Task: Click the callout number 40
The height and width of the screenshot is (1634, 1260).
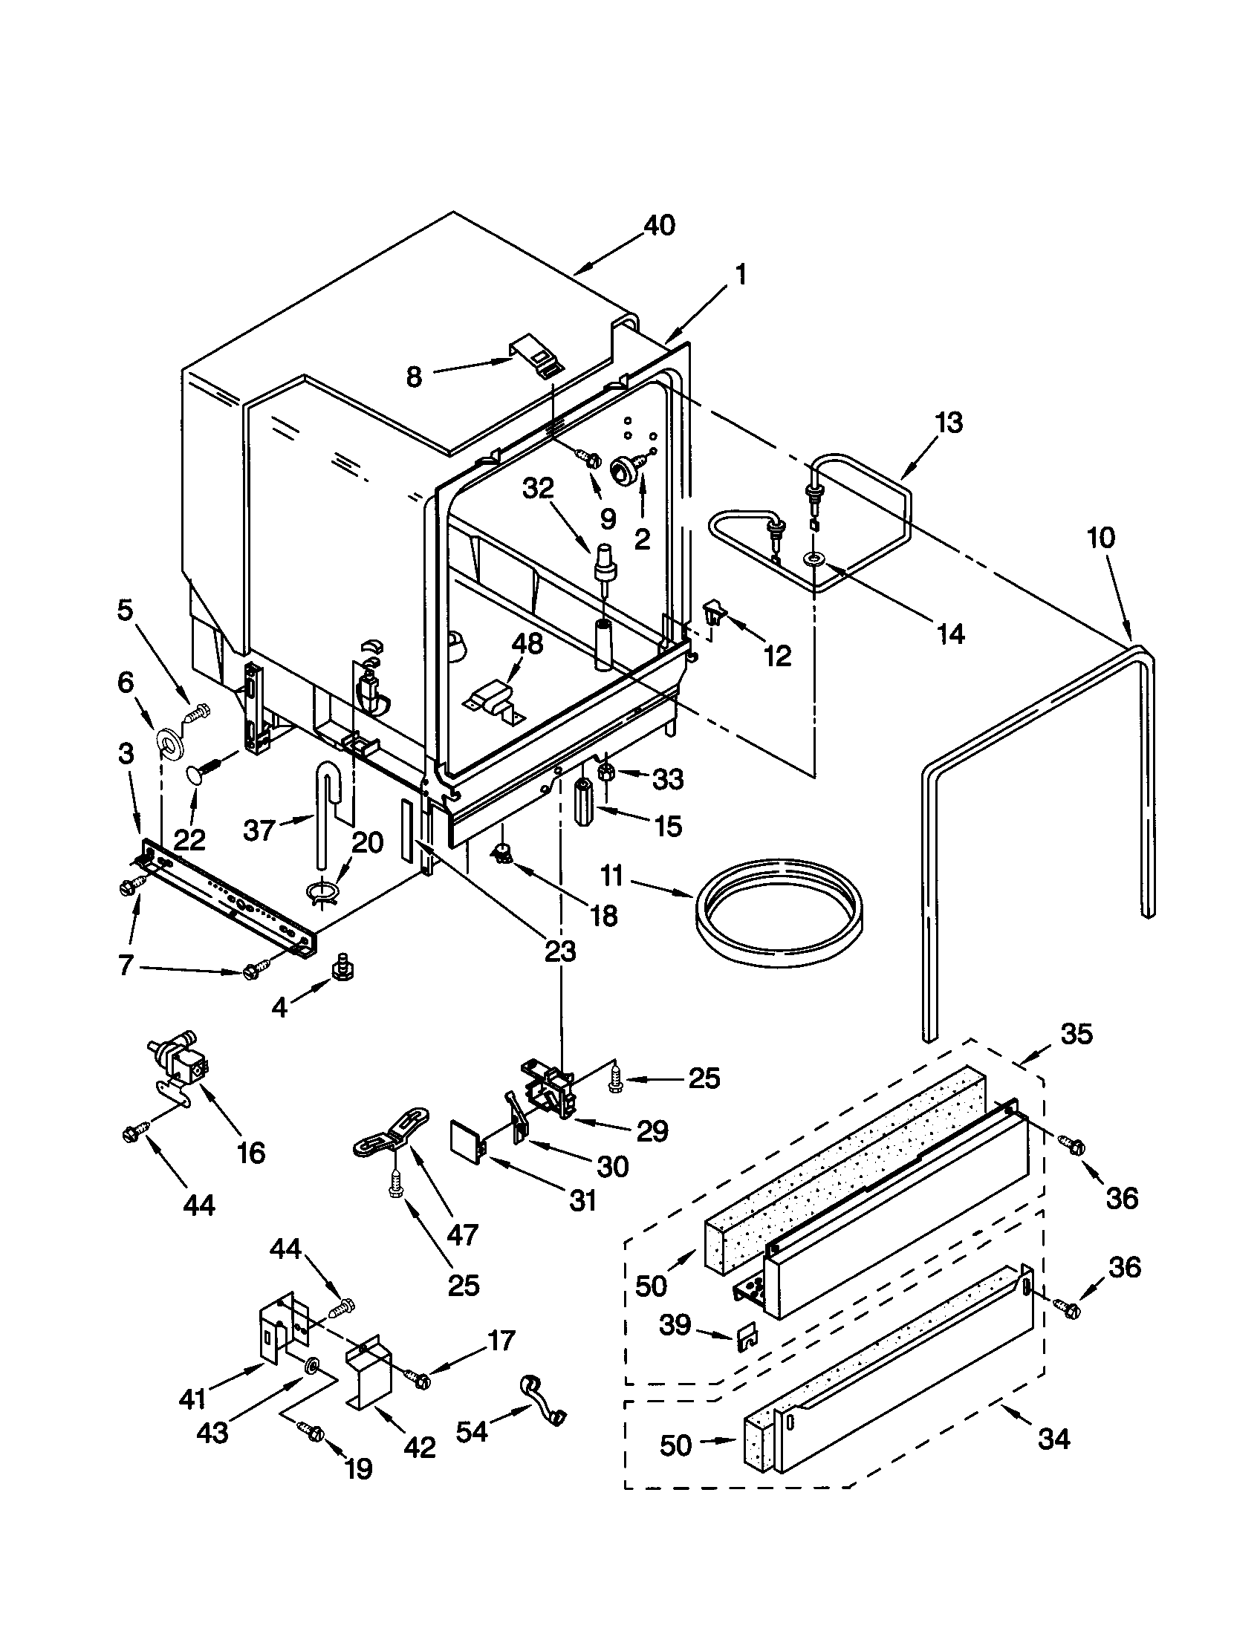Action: [659, 225]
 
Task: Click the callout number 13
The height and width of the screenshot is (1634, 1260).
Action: [949, 423]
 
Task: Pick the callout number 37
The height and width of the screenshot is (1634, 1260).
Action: [260, 830]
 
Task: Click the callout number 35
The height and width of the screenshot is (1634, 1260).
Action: [1076, 1034]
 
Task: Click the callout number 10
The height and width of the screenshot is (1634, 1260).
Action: [1100, 537]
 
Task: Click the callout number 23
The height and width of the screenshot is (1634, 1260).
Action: [559, 951]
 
